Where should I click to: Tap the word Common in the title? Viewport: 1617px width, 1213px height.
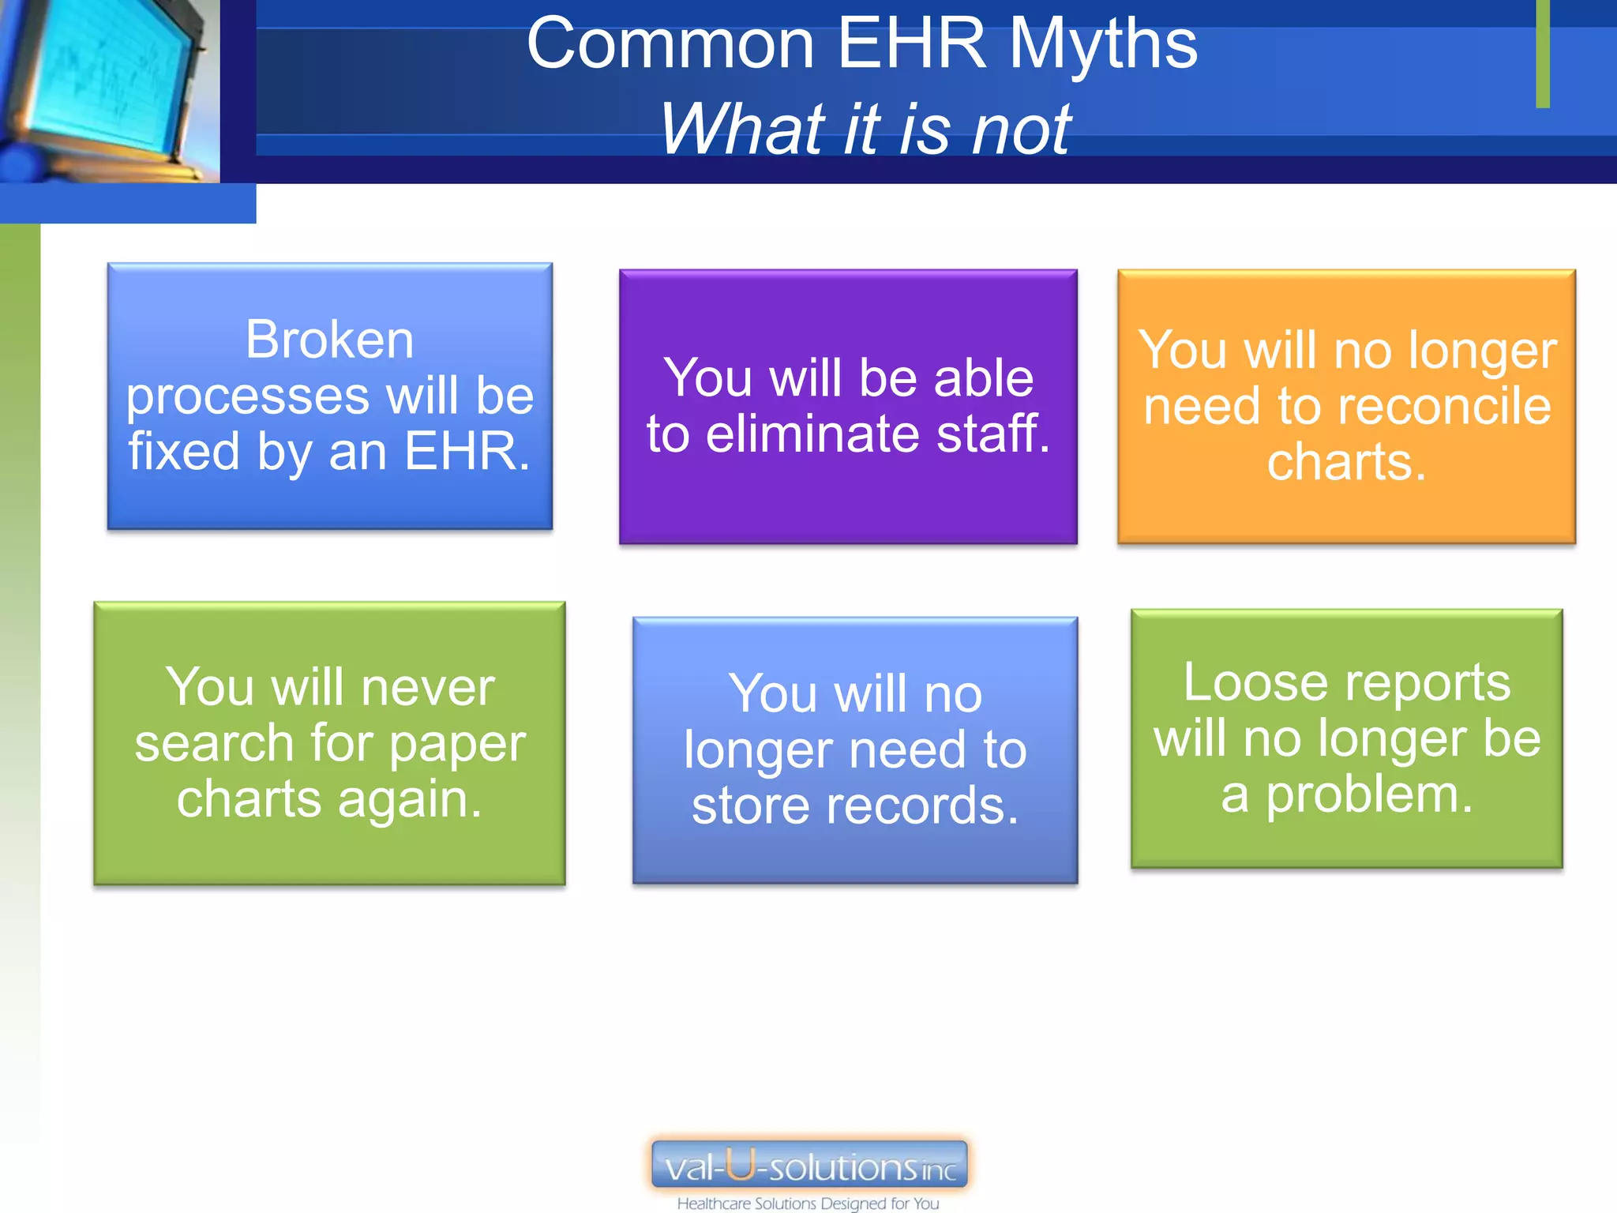[670, 44]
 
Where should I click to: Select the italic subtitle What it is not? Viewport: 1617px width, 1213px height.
[865, 129]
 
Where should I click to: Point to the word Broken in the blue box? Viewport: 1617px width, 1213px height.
[329, 340]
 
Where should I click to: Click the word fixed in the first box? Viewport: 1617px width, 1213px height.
[184, 452]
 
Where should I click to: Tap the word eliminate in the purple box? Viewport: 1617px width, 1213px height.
[812, 434]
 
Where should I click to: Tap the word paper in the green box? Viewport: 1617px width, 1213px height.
[457, 744]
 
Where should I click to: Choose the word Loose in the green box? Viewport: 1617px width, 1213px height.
[1247, 682]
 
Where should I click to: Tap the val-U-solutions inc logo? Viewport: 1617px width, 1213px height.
[809, 1165]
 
